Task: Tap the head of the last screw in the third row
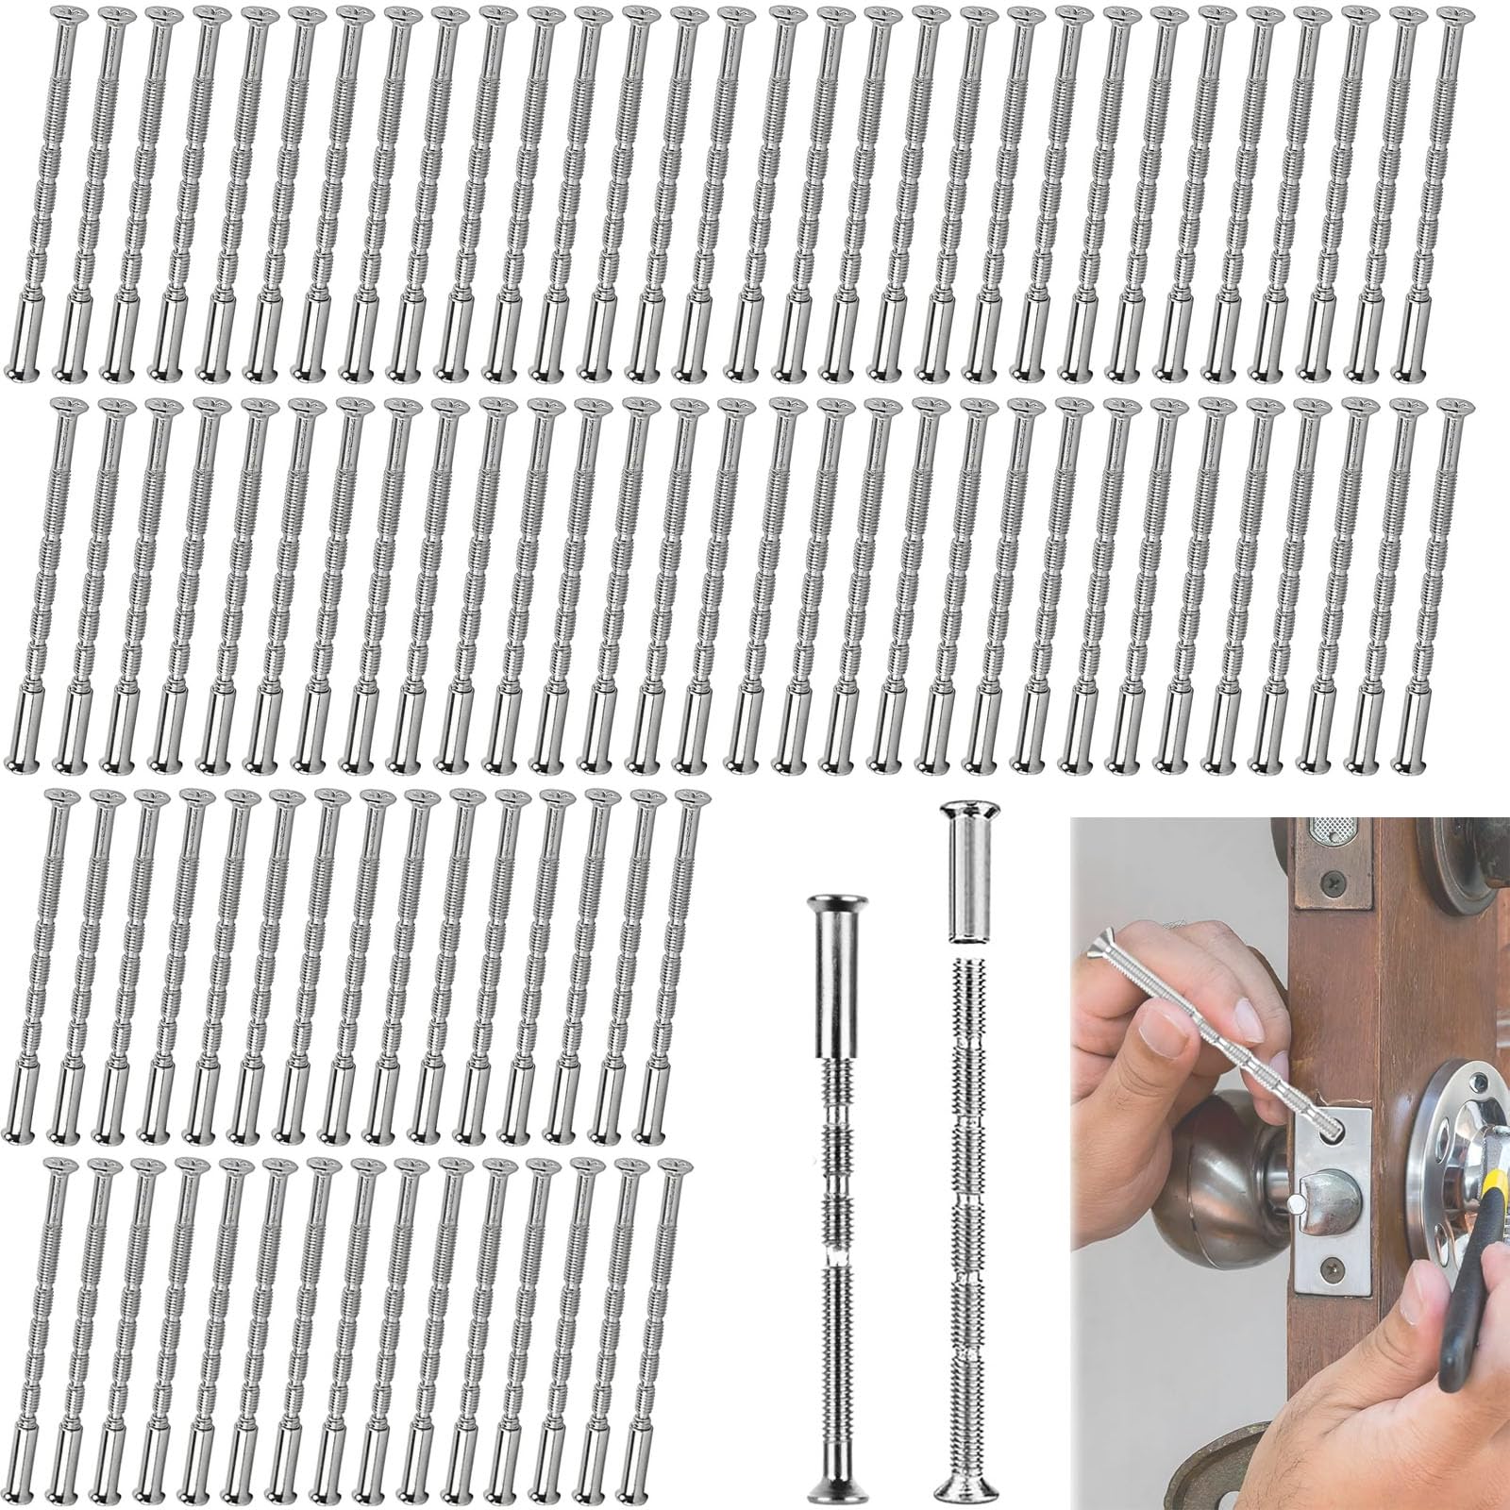pos(689,798)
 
